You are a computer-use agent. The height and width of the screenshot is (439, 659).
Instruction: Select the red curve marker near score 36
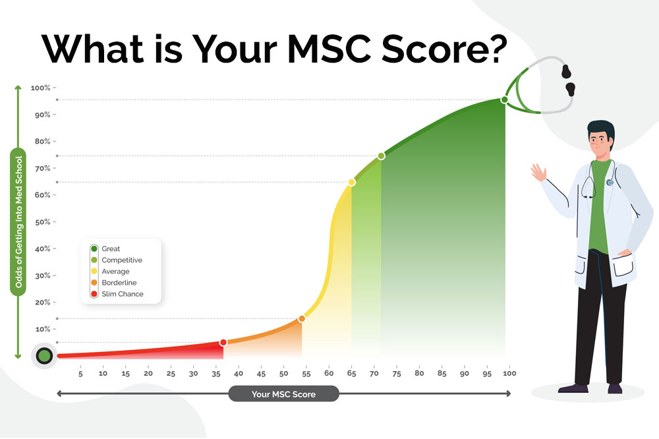click(223, 342)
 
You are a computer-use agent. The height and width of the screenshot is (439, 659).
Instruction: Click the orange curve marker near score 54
click(302, 318)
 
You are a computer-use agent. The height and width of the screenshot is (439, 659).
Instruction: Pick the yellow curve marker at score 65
click(351, 182)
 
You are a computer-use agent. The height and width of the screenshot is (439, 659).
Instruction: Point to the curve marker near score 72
click(381, 156)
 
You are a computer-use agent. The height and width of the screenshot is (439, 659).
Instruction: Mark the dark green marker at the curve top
click(504, 100)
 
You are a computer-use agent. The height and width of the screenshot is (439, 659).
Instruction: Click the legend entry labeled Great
click(111, 249)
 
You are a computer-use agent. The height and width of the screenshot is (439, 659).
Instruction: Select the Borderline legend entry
click(119, 283)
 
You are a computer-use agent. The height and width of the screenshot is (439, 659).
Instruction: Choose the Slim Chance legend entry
click(122, 294)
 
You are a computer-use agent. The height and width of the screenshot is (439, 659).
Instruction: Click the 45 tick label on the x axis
click(261, 374)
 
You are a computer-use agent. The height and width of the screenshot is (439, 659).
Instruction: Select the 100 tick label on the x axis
click(509, 374)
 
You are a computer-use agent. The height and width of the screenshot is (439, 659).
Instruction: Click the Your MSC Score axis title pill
click(283, 394)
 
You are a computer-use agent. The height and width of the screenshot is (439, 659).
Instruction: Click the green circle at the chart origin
click(44, 356)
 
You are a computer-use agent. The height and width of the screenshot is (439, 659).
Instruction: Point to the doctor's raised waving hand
click(537, 173)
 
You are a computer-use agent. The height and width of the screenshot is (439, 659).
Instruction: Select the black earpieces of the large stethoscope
click(568, 78)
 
